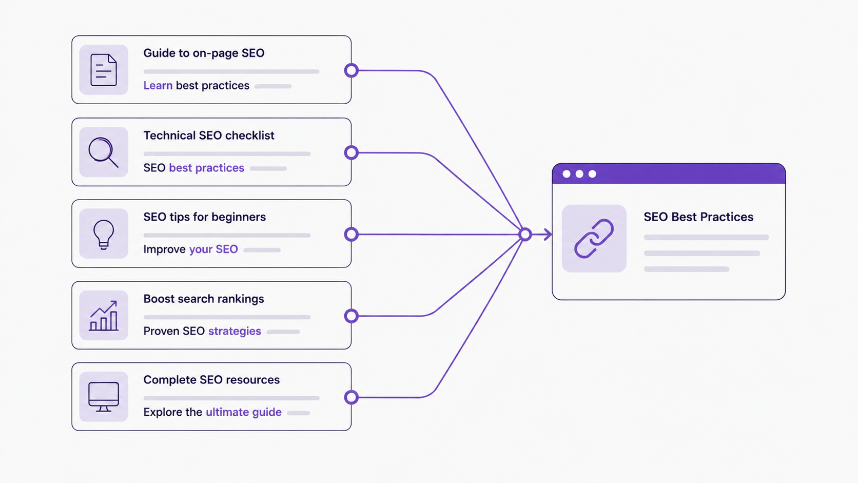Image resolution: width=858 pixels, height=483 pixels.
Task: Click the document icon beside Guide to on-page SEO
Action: coord(104,70)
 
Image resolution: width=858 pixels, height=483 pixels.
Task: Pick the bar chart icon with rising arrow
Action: coord(104,316)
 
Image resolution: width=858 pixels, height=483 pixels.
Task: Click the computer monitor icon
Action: coord(104,397)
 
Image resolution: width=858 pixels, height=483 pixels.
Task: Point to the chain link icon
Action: coord(594,238)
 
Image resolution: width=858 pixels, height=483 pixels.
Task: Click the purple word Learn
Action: coord(158,85)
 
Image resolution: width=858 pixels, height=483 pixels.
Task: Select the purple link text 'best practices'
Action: coord(206,168)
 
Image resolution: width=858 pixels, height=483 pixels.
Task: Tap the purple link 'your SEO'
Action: coord(213,249)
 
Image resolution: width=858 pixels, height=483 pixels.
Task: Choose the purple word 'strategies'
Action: coord(235,331)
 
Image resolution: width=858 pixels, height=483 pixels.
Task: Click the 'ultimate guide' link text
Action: coord(244,412)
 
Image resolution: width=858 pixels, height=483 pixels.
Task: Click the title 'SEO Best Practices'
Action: coord(698,217)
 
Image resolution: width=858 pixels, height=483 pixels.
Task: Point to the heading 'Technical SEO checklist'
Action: coord(209,135)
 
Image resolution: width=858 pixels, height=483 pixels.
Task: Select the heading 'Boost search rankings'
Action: coord(204,299)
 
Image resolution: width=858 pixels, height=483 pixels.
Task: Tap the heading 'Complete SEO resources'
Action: coord(211,380)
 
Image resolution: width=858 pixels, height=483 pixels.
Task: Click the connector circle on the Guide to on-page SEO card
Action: coord(351,70)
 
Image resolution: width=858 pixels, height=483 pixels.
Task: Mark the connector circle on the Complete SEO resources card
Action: coord(351,397)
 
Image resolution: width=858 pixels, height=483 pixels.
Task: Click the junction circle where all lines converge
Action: coord(525,235)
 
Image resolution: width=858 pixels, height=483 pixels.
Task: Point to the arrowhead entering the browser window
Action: coord(548,235)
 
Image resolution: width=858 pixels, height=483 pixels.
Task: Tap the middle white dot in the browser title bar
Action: coord(579,174)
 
